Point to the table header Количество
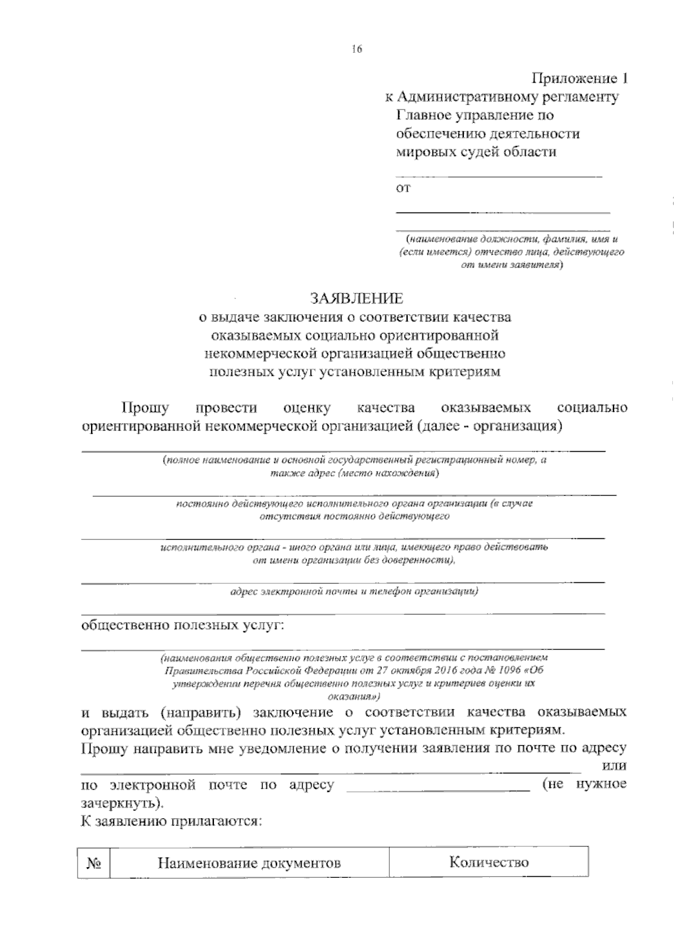click(x=489, y=862)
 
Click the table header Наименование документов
click(x=249, y=863)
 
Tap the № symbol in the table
click(x=93, y=863)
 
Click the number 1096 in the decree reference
click(x=508, y=670)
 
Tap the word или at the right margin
click(x=614, y=766)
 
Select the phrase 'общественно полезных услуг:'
click(x=183, y=625)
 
